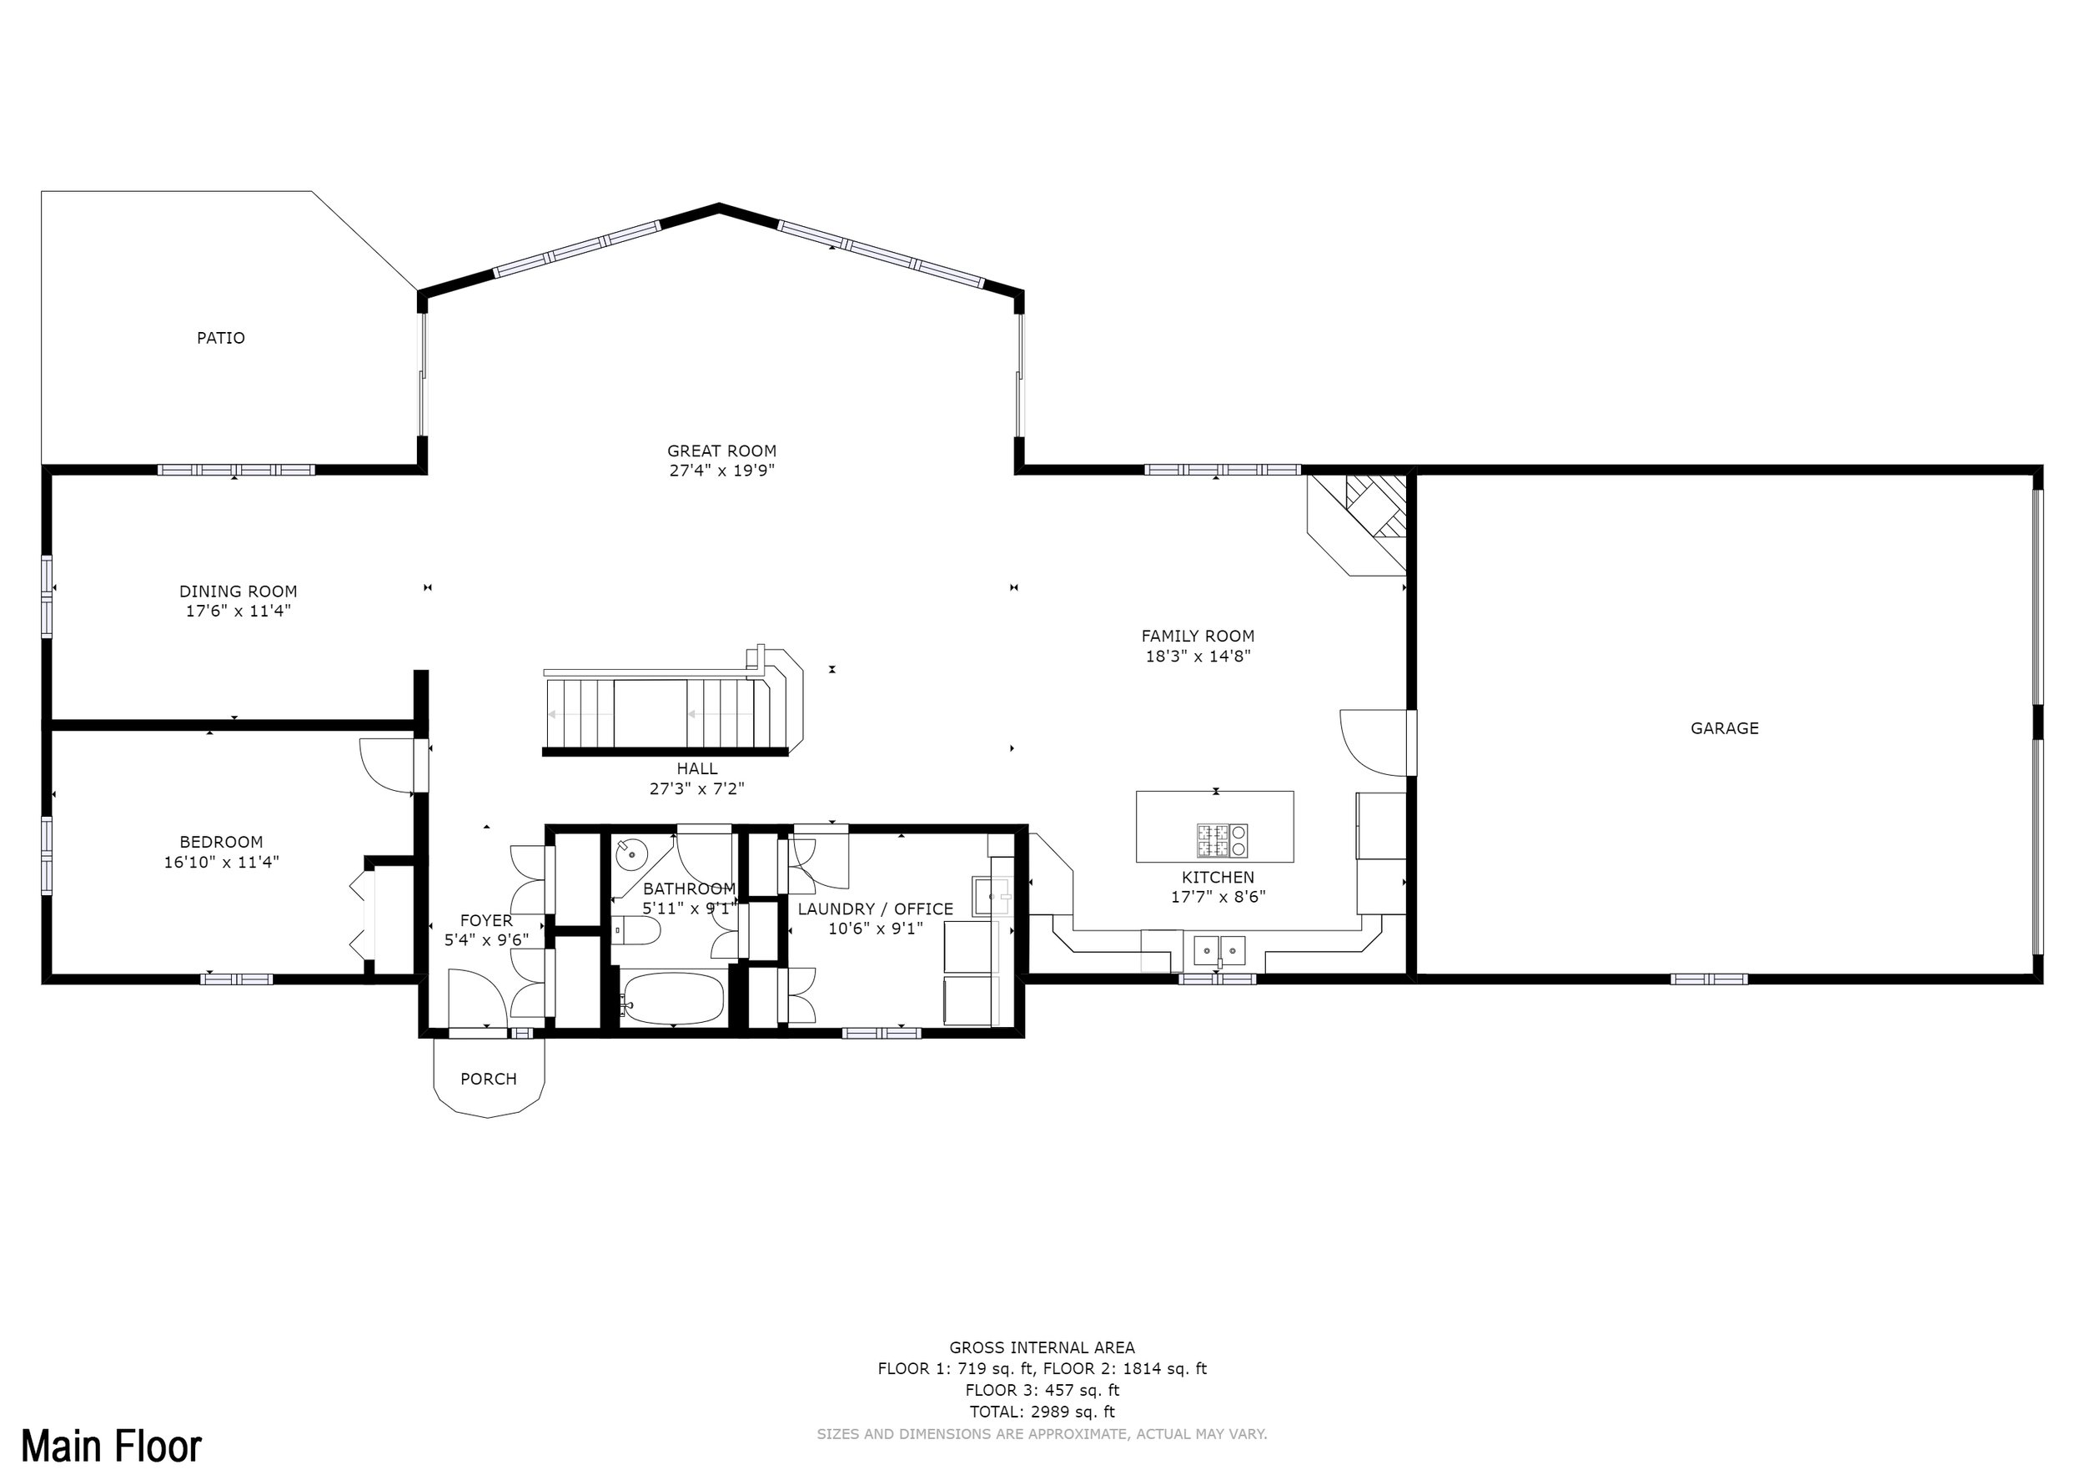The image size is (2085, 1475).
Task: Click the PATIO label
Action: point(221,338)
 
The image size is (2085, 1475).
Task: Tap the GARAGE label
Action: point(1725,728)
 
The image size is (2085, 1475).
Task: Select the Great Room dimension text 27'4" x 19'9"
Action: point(722,471)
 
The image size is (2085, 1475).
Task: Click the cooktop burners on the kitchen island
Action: point(1222,840)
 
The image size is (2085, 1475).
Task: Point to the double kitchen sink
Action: point(1218,950)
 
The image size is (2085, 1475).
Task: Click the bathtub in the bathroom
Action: point(673,997)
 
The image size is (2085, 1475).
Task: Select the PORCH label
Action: point(489,1079)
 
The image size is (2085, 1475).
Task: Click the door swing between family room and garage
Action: point(1373,743)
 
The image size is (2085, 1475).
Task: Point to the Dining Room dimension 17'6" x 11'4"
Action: point(239,612)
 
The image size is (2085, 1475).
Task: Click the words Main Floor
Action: point(111,1446)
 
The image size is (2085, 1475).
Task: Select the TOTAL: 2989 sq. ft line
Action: point(1042,1412)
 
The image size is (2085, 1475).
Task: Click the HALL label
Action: point(696,768)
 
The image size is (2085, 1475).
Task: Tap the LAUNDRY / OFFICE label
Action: point(876,909)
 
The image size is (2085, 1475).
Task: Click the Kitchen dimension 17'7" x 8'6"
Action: point(1218,898)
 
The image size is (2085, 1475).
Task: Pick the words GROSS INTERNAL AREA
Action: point(1042,1348)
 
